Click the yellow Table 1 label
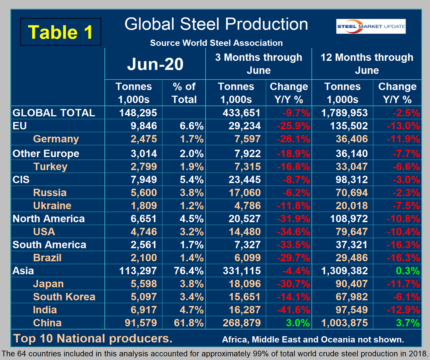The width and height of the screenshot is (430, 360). (x=60, y=32)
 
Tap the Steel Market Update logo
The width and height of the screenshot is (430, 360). (x=371, y=26)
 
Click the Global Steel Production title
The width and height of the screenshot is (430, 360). (x=216, y=24)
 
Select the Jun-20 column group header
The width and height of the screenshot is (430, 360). (x=155, y=64)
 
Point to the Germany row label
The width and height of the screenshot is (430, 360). (x=56, y=139)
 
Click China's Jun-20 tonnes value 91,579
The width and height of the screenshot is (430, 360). (x=141, y=323)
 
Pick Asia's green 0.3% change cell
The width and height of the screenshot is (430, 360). (x=408, y=271)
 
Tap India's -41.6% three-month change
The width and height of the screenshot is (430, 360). (x=293, y=310)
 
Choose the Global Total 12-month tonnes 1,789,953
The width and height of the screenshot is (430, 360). (x=344, y=113)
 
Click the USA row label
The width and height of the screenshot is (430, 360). (x=44, y=232)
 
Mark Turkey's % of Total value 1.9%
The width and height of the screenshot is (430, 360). (x=191, y=166)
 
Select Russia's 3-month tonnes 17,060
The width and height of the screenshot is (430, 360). (x=244, y=192)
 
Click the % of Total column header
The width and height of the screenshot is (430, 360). (x=184, y=93)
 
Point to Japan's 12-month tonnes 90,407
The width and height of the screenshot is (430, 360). (x=352, y=284)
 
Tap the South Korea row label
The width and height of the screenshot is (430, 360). (x=64, y=297)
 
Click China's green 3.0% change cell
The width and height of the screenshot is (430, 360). (x=298, y=323)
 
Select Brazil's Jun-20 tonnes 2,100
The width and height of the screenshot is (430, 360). (x=144, y=258)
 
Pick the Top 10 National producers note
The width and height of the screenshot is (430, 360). (x=93, y=338)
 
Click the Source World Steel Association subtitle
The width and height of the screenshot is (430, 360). (x=216, y=43)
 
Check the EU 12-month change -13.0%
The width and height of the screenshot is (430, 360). (x=403, y=126)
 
